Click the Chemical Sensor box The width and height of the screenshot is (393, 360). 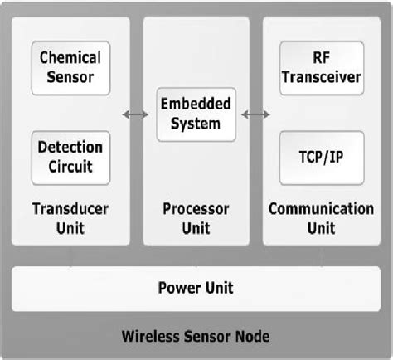click(x=71, y=69)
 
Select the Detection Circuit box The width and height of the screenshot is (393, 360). click(x=71, y=156)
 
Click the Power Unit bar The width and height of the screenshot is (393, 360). click(x=196, y=289)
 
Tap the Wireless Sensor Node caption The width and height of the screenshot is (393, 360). click(x=196, y=338)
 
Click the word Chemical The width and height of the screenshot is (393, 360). click(x=71, y=58)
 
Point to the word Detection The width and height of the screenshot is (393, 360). click(x=71, y=147)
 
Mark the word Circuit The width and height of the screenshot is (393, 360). click(x=71, y=167)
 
